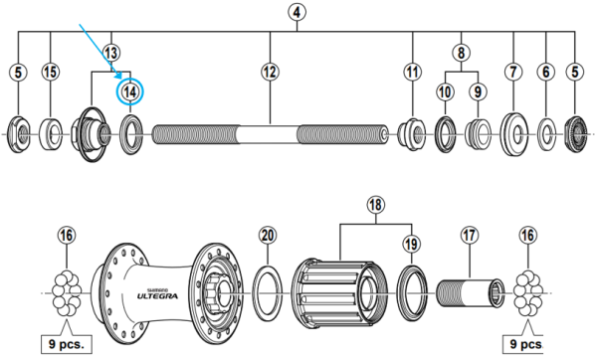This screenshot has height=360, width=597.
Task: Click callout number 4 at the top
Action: (x=298, y=14)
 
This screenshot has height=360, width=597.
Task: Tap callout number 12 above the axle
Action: (x=271, y=71)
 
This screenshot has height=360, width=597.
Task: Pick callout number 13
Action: (x=111, y=51)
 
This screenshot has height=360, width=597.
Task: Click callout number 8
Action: (x=461, y=51)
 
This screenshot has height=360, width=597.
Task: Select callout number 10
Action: (x=445, y=91)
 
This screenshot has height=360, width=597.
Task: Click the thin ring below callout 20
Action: (x=266, y=293)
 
